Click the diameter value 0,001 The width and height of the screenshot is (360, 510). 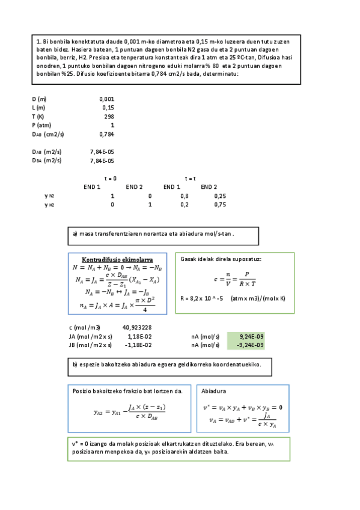coord(106,99)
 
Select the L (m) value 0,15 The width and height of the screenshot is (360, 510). coord(108,107)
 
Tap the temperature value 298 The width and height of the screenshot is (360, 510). coord(109,116)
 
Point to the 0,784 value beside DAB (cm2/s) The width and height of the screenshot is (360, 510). coord(106,134)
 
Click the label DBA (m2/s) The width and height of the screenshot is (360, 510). coord(47,161)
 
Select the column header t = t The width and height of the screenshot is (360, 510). coord(191,179)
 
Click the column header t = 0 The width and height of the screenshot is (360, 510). coord(111,179)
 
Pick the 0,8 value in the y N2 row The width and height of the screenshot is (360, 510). coord(184,196)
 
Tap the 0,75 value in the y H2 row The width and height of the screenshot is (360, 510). coord(220,205)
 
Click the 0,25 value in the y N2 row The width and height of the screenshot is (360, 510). coord(220,196)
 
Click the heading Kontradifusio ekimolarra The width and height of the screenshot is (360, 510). coord(117,259)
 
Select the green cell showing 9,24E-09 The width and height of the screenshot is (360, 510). coord(251,336)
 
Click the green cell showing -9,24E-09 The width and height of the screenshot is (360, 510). coord(249,345)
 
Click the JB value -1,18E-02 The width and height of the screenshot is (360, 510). coord(138,345)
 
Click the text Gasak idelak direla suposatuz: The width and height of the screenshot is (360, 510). coord(221,259)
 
